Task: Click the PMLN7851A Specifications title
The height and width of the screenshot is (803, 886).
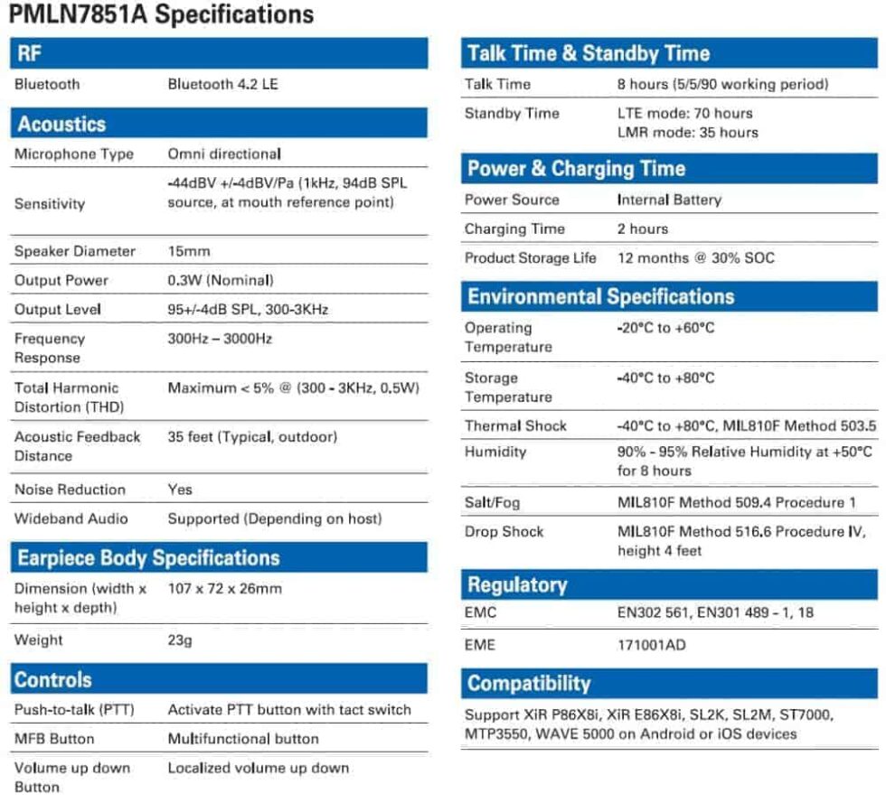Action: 162,15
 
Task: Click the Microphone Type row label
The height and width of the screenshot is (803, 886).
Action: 74,154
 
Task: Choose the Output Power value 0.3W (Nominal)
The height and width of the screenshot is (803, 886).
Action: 221,280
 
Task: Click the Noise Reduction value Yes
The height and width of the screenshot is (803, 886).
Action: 180,490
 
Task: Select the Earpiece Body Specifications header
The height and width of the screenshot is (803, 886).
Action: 148,558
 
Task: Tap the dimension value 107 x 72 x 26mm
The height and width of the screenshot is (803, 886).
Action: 225,589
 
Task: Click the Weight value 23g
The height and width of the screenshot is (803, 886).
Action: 181,640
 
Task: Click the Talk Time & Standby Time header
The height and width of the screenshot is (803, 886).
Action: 589,53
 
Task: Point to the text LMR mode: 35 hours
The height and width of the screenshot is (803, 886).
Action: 687,133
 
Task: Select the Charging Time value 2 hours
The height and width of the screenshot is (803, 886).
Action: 643,229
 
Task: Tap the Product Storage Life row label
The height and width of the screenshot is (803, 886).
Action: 531,258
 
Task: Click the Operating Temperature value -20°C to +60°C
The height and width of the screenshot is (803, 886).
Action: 665,329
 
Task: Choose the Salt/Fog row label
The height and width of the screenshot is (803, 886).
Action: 492,502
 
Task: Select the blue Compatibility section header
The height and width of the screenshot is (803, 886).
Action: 529,683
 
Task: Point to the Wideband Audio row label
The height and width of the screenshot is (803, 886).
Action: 71,519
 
